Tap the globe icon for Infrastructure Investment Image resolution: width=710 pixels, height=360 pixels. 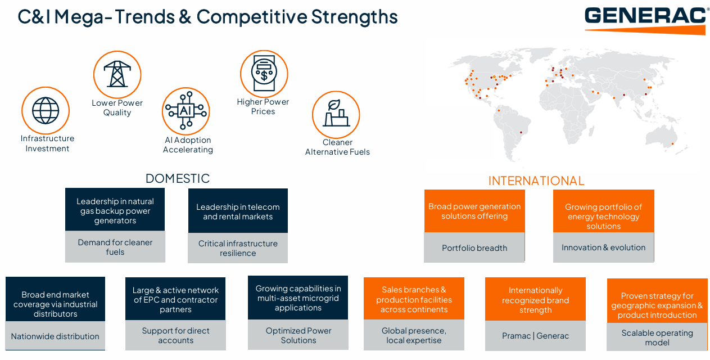[x=46, y=110]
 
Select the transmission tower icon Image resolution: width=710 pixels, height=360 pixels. [x=117, y=74]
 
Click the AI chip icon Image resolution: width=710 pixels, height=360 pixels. [x=186, y=111]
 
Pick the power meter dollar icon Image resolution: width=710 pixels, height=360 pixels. [x=264, y=74]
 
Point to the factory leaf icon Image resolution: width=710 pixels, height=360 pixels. [x=336, y=115]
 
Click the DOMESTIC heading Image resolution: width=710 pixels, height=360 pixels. [x=178, y=178]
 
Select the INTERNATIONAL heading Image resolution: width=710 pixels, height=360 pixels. [x=536, y=181]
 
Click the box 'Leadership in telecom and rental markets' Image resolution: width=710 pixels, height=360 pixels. [x=238, y=211]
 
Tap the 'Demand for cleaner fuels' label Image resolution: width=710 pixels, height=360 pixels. [x=115, y=247]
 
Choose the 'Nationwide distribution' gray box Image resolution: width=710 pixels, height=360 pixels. [x=55, y=336]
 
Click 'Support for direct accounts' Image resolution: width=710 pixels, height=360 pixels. [x=175, y=335]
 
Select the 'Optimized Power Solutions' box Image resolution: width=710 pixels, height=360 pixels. [x=299, y=335]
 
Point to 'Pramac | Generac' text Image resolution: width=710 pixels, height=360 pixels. [x=535, y=336]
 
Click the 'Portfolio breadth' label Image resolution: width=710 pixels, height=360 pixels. [x=474, y=247]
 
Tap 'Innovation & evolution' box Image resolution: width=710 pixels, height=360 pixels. [x=604, y=247]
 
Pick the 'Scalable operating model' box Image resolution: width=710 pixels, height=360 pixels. [x=657, y=337]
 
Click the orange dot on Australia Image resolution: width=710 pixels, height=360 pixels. [x=672, y=144]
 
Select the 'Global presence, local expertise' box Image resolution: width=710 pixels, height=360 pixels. [x=414, y=335]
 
